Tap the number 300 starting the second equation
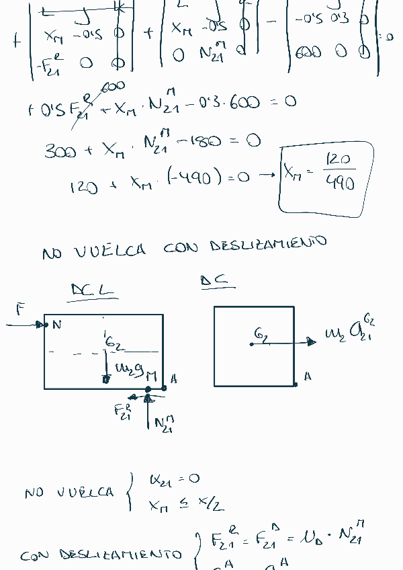point(60,151)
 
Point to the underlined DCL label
point(93,290)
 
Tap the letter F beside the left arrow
point(21,309)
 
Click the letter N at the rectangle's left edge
point(57,325)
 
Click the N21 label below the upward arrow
point(163,424)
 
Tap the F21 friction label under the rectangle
point(124,411)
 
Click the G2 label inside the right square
point(262,334)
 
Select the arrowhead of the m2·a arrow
point(311,342)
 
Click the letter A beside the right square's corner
point(308,377)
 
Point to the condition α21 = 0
point(175,479)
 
